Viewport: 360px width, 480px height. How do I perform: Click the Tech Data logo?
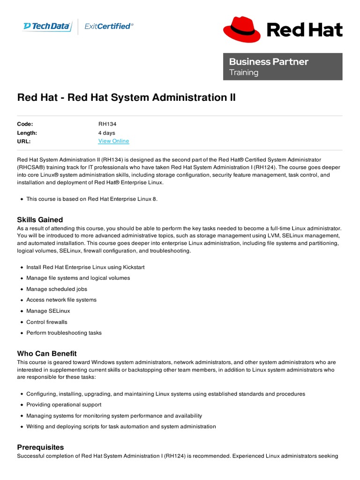point(47,26)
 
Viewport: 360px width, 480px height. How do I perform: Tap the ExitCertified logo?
point(109,26)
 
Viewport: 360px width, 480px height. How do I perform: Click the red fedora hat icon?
point(241,29)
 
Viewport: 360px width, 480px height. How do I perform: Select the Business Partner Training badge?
point(283,67)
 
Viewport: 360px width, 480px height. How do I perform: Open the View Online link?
point(113,141)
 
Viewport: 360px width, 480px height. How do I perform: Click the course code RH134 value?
point(107,124)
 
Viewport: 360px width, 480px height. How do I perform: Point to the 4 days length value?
point(106,133)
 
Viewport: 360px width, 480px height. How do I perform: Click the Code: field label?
point(25,124)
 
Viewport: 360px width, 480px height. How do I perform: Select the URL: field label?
point(23,141)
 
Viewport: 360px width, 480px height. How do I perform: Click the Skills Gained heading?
point(40,220)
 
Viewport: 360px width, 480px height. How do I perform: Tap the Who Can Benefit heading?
point(47,353)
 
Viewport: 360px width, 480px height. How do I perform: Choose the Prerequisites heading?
point(40,447)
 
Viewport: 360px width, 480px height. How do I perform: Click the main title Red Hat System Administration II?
point(127,97)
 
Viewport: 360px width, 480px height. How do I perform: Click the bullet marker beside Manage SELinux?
point(22,311)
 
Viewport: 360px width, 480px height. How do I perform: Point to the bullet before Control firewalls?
point(22,322)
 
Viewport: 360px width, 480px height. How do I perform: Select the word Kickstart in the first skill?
point(134,267)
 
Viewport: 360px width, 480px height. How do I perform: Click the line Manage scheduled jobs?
point(57,289)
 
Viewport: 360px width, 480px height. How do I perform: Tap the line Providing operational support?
point(64,405)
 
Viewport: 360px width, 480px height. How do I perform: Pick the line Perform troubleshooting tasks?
point(64,333)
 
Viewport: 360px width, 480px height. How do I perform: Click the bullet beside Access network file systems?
point(22,300)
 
